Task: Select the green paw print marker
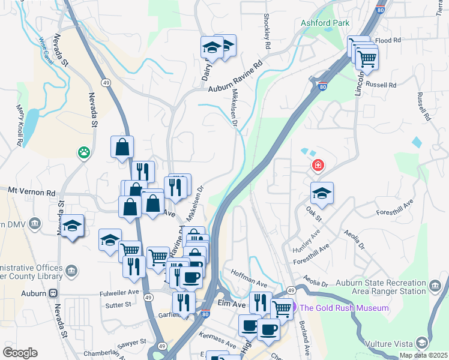(x=82, y=153)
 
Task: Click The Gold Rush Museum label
(x=344, y=308)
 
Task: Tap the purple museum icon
(x=294, y=308)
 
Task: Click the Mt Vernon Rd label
(x=31, y=191)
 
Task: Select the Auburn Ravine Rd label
(x=236, y=77)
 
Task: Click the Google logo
(x=20, y=353)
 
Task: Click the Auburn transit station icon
(x=53, y=293)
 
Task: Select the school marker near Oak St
(x=322, y=193)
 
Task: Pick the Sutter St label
(x=119, y=305)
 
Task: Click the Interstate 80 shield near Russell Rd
(x=323, y=87)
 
